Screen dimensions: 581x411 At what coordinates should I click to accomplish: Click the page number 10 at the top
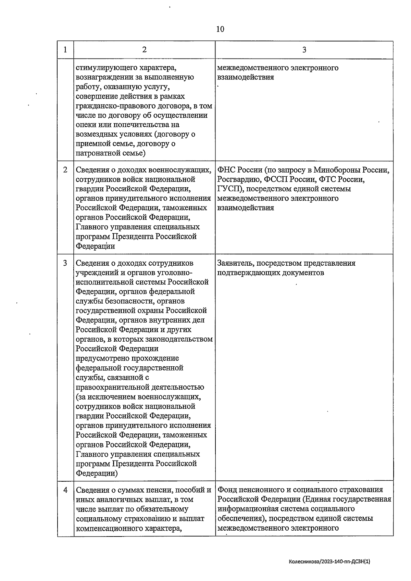pyautogui.click(x=220, y=29)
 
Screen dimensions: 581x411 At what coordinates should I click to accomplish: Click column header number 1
pyautogui.click(x=65, y=50)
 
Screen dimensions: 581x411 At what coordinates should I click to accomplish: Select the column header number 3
pyautogui.click(x=304, y=50)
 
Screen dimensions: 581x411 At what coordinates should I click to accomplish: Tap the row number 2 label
pyautogui.click(x=65, y=170)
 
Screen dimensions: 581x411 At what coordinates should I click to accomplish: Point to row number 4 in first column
pyautogui.click(x=65, y=490)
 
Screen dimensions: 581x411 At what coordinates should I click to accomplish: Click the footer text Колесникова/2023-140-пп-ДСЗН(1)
pyautogui.click(x=330, y=562)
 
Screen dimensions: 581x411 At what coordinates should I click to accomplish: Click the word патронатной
pyautogui.click(x=98, y=153)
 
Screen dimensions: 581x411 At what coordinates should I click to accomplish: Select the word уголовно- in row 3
pyautogui.click(x=176, y=273)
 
